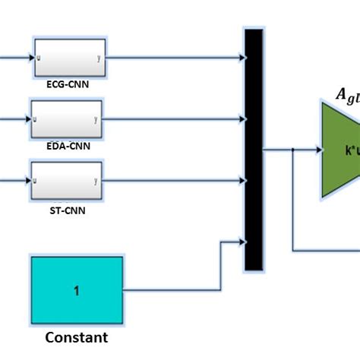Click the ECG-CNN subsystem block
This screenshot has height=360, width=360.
coord(68,56)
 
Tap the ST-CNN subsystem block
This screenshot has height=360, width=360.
coord(65,181)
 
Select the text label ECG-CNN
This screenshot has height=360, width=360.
coord(68,85)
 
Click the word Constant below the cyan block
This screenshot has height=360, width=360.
coord(76,337)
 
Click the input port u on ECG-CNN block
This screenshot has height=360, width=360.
coord(39,57)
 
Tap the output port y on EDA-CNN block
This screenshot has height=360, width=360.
coord(95,119)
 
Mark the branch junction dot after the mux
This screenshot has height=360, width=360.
coord(294,150)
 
